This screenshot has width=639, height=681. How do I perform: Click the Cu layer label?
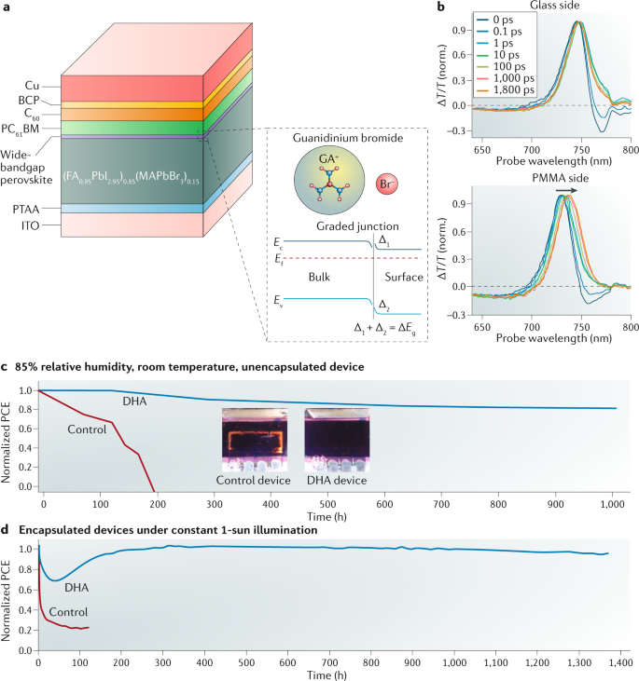tap(32, 86)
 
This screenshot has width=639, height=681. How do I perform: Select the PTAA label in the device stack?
tap(26, 210)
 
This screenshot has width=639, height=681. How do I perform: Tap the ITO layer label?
tap(30, 225)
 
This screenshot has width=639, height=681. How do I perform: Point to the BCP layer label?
tap(29, 101)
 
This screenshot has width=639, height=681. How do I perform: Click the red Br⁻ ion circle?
tap(386, 184)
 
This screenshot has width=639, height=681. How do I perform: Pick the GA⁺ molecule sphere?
tap(329, 180)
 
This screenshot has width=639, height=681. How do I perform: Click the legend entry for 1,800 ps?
tap(506, 90)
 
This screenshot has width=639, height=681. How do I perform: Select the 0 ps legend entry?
tap(495, 20)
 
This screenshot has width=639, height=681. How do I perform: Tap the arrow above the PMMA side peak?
tap(566, 190)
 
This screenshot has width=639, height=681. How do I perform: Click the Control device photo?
tap(255, 440)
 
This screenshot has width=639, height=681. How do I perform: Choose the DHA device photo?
tap(337, 440)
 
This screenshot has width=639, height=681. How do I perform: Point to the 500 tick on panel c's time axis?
tap(327, 504)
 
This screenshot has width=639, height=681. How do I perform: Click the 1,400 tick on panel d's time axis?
tap(620, 662)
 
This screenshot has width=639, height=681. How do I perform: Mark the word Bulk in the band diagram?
tap(319, 277)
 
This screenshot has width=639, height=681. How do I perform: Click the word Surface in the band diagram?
tap(404, 277)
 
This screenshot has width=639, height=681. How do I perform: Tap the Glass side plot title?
tap(555, 5)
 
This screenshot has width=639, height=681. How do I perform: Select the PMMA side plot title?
tap(561, 178)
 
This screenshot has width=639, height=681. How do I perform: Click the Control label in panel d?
tap(68, 612)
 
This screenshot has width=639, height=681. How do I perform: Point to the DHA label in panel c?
tap(135, 401)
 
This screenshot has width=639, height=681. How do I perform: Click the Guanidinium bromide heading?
tap(348, 138)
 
